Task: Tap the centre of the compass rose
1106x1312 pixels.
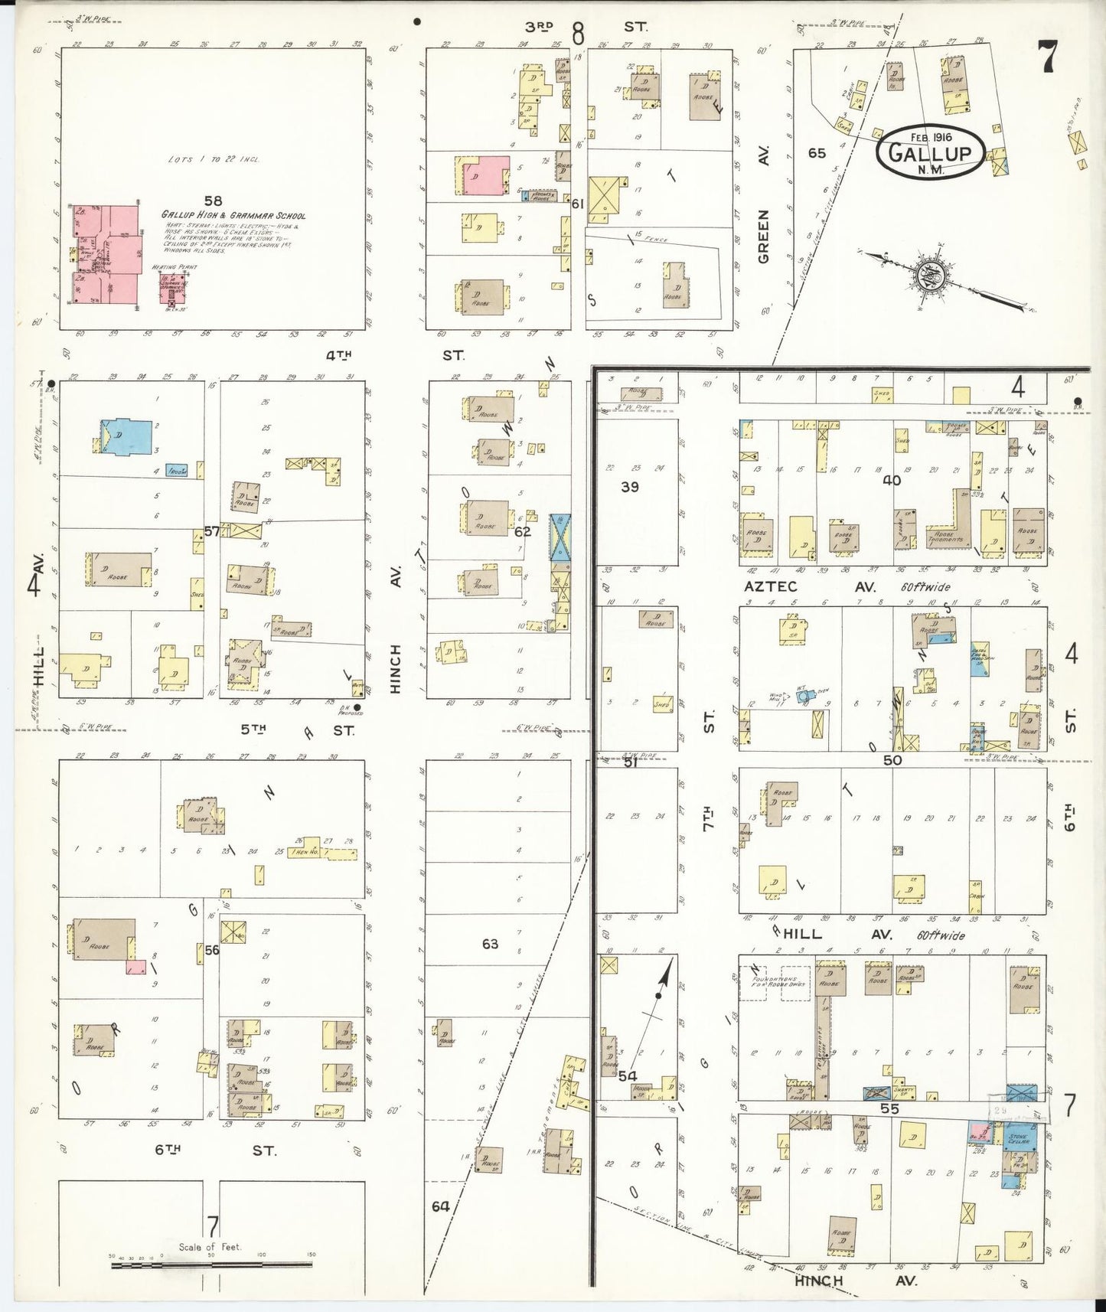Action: pos(936,276)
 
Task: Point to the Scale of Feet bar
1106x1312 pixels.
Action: pos(211,1265)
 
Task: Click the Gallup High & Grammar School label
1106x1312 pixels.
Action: pos(233,216)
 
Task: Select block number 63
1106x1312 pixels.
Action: pos(490,944)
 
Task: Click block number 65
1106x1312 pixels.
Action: pos(817,153)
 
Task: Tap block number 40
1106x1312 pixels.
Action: pos(892,481)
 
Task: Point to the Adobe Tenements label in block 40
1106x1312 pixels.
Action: pos(946,536)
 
